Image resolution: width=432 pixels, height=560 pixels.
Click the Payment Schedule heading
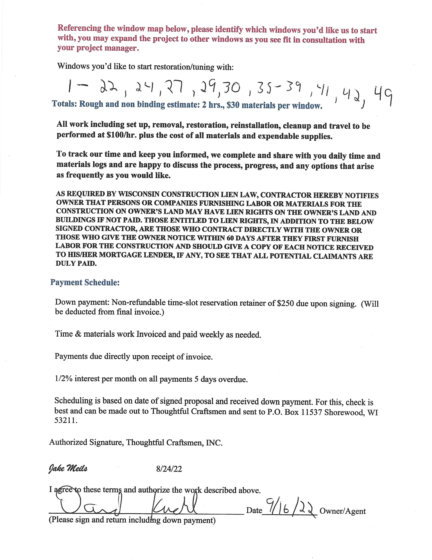tap(85, 282)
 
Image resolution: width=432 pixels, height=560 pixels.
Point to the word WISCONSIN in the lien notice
tap(138, 194)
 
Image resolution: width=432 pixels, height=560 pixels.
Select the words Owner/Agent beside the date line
tap(343, 511)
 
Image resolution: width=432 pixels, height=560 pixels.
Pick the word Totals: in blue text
tap(64, 104)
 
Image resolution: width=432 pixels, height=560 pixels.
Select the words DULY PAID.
tap(76, 263)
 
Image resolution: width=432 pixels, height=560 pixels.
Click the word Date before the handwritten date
tap(254, 511)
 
